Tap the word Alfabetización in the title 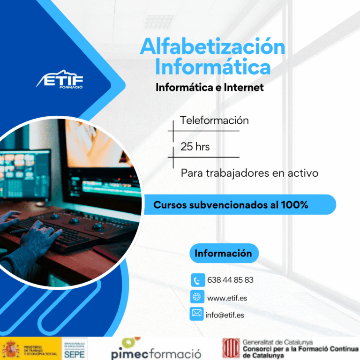212,47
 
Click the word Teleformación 214,120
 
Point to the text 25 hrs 195,147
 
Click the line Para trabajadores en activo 249,173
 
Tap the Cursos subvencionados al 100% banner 239,205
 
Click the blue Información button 224,254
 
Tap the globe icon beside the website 197,297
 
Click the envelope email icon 196,313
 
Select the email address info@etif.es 225,315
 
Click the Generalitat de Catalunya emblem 231,348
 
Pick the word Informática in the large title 213,67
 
